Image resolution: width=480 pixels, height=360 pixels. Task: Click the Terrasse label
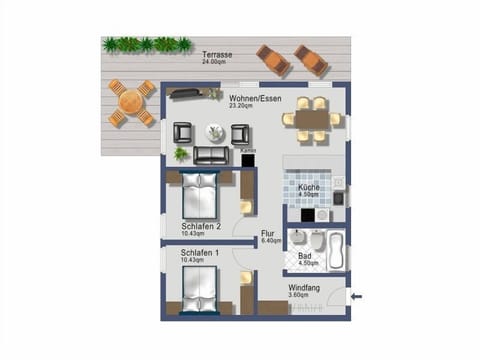click(218, 53)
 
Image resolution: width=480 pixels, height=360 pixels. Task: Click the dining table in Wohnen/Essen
click(311, 118)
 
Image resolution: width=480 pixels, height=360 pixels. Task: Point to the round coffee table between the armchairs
click(215, 132)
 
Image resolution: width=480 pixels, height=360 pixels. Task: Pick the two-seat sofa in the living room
click(211, 155)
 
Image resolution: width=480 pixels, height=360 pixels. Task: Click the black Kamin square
click(248, 158)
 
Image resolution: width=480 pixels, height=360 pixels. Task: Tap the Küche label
click(308, 187)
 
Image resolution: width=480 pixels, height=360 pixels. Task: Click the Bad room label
click(305, 255)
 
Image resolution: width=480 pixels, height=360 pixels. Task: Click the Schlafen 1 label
click(201, 253)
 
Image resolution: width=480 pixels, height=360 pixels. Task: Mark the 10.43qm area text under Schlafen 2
click(197, 234)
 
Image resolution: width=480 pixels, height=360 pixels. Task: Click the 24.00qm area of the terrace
click(216, 61)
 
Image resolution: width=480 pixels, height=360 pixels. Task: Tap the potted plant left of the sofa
click(181, 155)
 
